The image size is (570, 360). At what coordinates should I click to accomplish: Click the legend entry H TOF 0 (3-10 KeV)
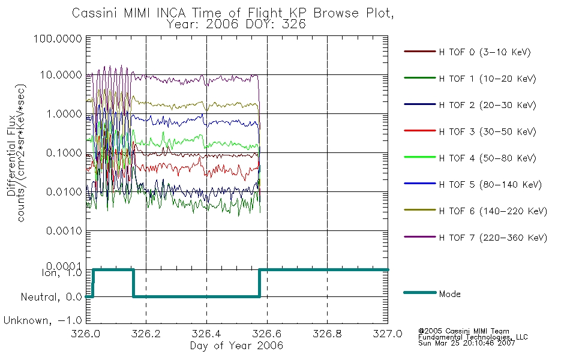(x=467, y=52)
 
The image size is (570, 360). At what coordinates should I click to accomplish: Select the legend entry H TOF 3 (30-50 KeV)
(x=470, y=131)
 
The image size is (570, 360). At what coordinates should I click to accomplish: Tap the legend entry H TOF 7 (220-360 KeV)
(x=475, y=238)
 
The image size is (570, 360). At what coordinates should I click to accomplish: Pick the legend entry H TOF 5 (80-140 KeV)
(x=473, y=184)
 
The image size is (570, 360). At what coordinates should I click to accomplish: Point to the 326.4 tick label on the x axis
(x=206, y=334)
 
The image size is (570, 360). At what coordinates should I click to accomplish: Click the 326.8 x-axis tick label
(x=327, y=334)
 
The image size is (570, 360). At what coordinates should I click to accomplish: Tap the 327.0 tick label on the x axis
(x=388, y=334)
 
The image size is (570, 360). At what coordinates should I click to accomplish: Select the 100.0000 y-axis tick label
(x=58, y=38)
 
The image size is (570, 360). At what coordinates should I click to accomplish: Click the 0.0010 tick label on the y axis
(x=64, y=230)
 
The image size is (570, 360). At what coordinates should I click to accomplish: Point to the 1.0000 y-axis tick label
(x=64, y=114)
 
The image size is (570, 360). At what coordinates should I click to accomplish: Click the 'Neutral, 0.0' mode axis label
(x=52, y=297)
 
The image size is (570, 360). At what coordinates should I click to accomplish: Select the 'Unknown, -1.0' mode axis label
(x=43, y=320)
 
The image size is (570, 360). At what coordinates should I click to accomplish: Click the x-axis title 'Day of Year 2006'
(x=236, y=346)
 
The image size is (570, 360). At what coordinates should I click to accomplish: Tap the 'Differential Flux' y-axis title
(x=11, y=155)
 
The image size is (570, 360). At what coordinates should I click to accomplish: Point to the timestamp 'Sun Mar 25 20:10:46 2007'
(x=467, y=343)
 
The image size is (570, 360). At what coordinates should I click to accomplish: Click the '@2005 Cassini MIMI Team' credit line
(x=464, y=331)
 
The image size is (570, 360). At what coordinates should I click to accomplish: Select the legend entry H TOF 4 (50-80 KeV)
(x=470, y=158)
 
